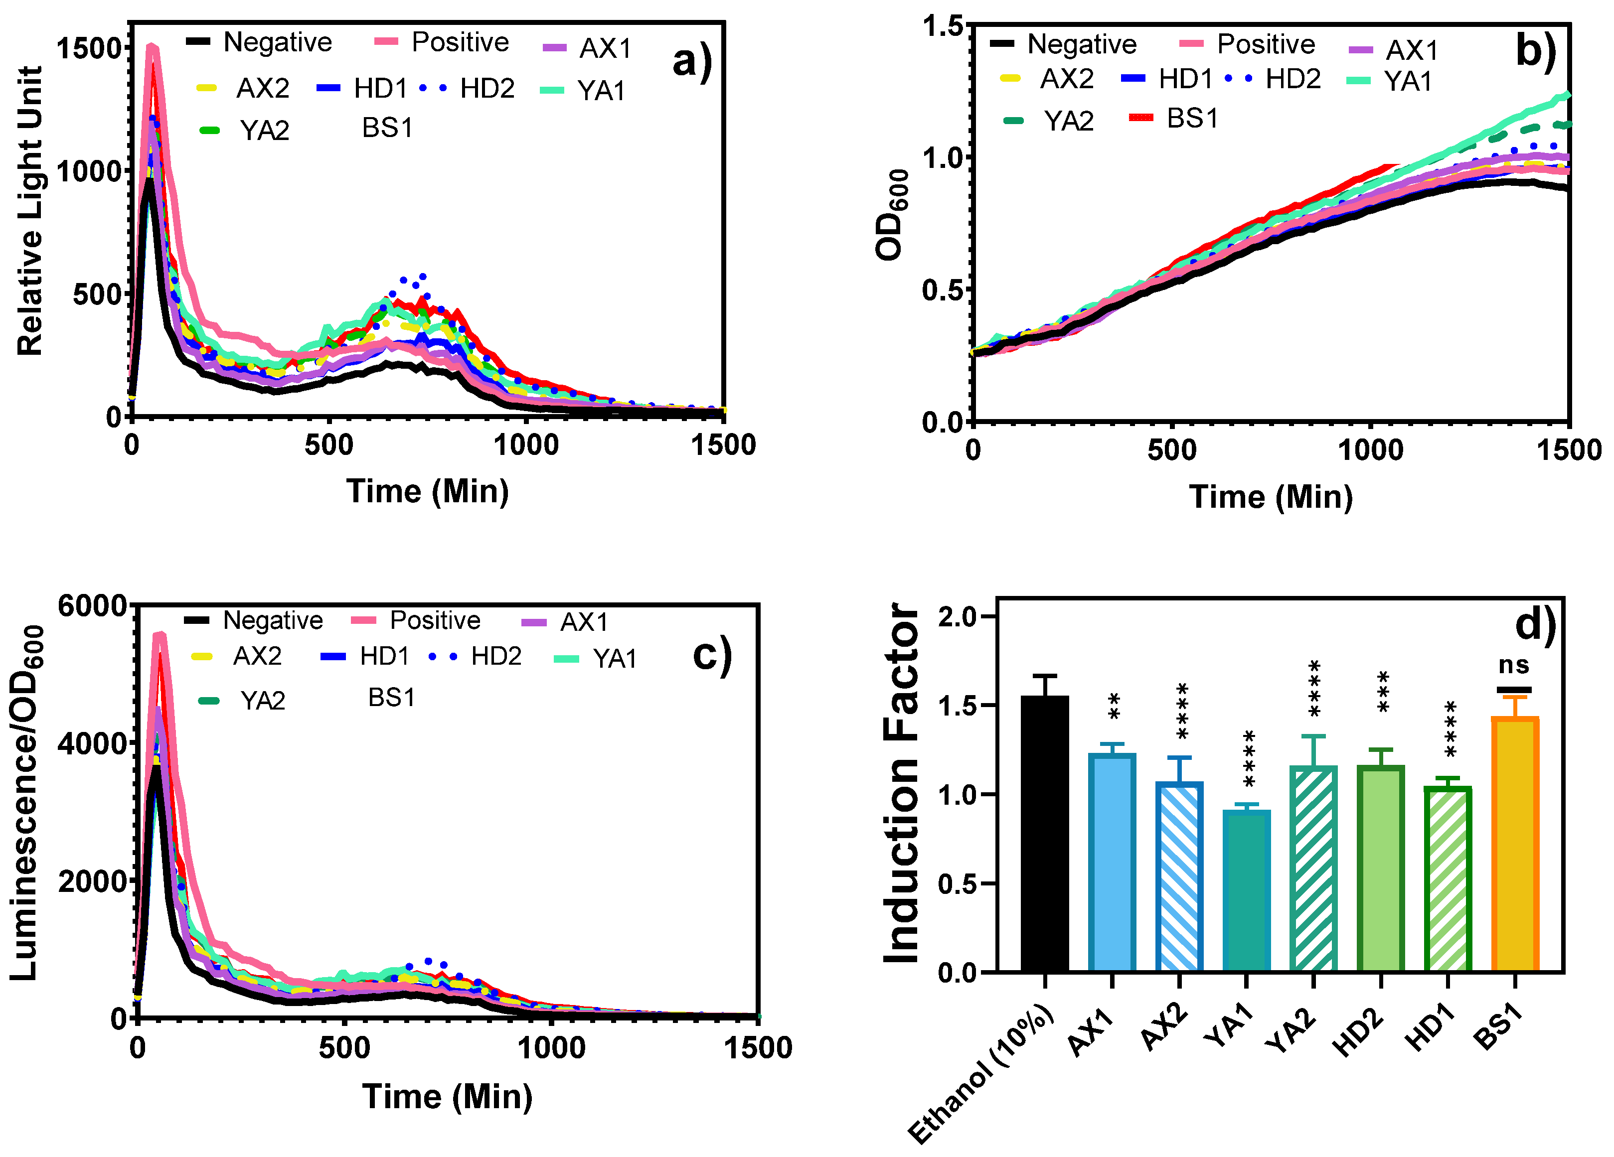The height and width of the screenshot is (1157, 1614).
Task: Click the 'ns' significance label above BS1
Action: point(1514,665)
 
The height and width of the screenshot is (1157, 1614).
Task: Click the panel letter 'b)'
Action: point(1536,51)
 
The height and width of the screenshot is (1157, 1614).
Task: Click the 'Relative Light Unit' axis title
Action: point(30,211)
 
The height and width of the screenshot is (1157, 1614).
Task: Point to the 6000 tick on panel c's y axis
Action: point(92,606)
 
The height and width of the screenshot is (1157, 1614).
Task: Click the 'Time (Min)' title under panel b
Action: point(1271,497)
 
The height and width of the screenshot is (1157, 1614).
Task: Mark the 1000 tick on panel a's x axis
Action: point(526,445)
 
